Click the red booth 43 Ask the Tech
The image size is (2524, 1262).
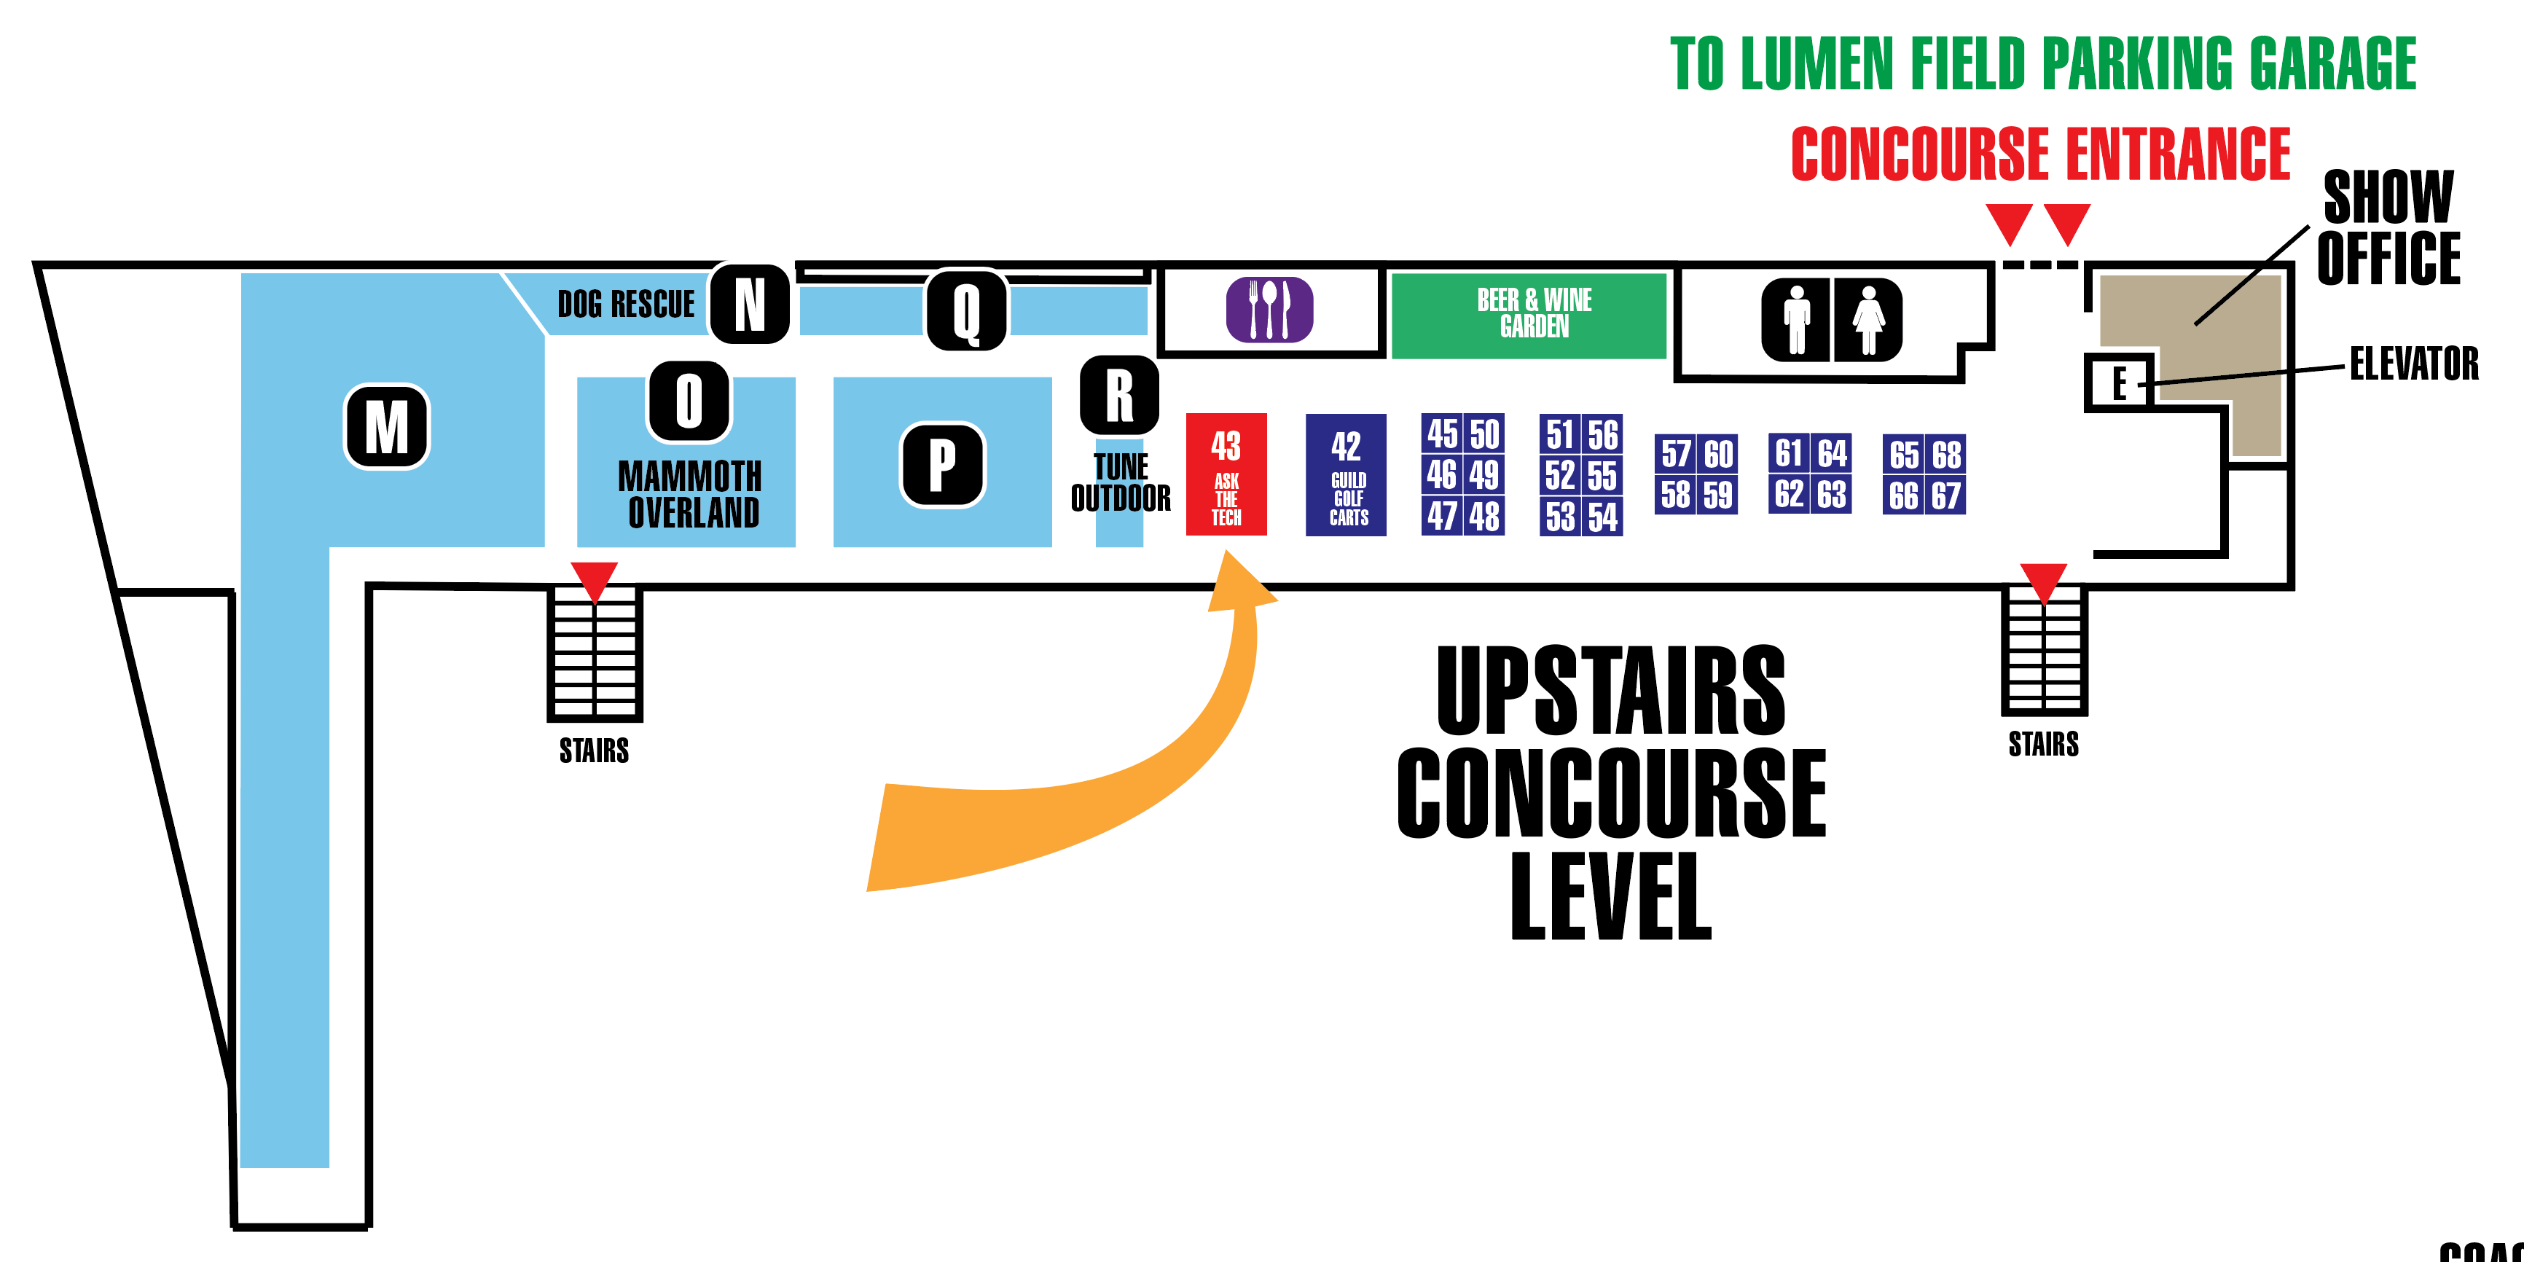[1226, 474]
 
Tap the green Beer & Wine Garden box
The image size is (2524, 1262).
[1529, 315]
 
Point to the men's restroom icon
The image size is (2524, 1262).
[1796, 319]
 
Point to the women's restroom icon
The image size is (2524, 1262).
[1867, 319]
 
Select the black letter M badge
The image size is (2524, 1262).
[387, 427]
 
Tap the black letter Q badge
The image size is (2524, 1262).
[966, 310]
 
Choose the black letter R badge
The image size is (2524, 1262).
[1119, 395]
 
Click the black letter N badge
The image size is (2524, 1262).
[750, 304]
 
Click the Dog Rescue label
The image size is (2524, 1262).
[625, 305]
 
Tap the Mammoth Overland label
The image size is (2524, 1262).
[691, 495]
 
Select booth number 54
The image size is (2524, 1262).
[1602, 517]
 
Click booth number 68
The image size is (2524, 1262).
[1946, 455]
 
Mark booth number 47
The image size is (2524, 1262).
[1441, 515]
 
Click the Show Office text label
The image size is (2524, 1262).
[2388, 227]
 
